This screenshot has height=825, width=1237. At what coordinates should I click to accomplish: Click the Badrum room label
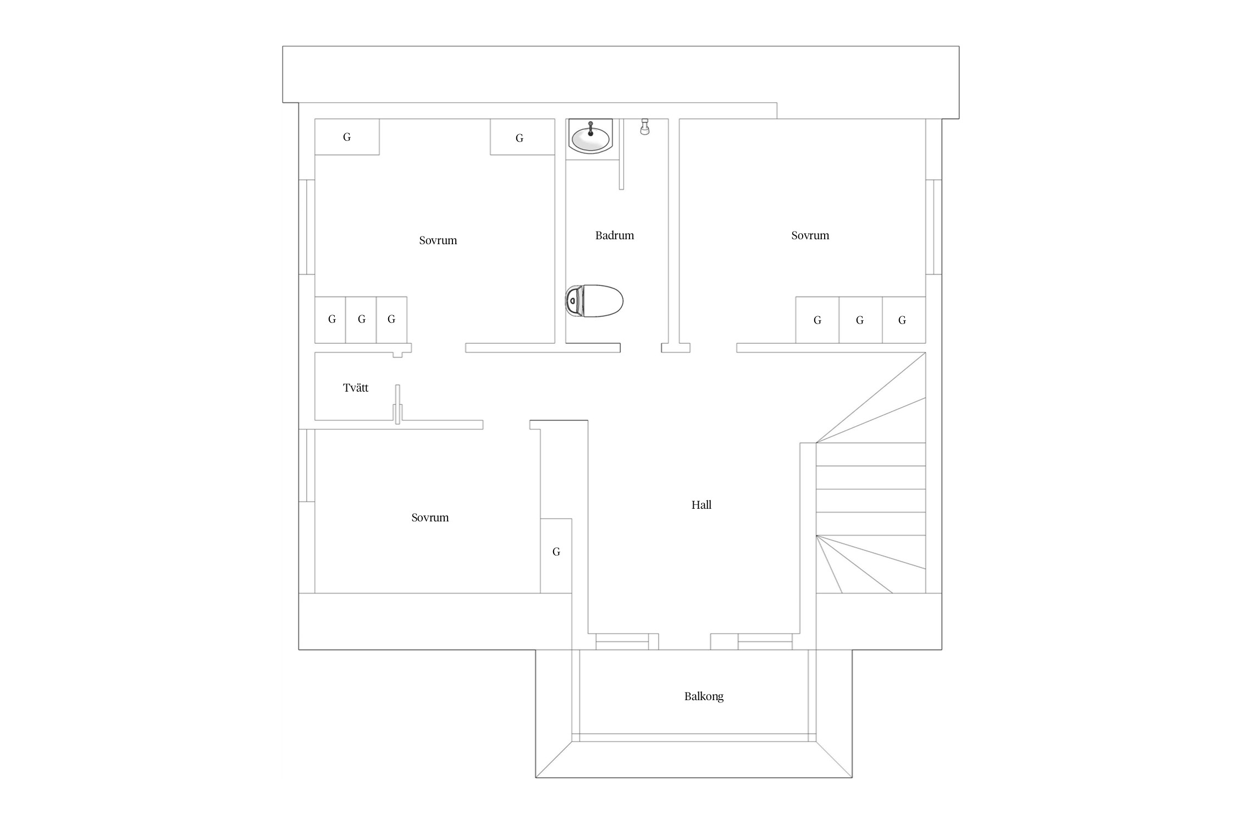tap(615, 235)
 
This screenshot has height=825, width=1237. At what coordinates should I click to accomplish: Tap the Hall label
tap(702, 505)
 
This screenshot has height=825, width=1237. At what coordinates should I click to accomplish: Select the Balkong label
tap(704, 696)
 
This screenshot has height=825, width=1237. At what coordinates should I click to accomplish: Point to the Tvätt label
tap(356, 388)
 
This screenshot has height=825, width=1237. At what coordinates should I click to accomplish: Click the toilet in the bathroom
tap(594, 301)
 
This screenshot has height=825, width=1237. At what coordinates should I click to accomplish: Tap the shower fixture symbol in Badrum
tap(645, 127)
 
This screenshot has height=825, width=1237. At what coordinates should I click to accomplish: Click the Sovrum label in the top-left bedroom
tap(438, 240)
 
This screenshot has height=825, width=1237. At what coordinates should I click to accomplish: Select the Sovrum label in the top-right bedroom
tap(810, 235)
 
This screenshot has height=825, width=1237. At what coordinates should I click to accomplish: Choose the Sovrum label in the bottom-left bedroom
tap(430, 518)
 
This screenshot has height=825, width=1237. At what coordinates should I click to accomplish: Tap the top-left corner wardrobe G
tap(347, 137)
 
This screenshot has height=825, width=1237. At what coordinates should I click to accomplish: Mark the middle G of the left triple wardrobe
tap(361, 320)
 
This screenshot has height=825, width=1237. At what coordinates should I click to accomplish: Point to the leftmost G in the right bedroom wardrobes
tap(818, 320)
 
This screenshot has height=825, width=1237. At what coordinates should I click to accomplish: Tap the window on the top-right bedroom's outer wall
tap(934, 227)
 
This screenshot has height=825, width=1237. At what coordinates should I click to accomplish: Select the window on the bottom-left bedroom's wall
tap(307, 465)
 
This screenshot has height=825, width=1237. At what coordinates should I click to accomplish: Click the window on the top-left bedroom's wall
tap(307, 227)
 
